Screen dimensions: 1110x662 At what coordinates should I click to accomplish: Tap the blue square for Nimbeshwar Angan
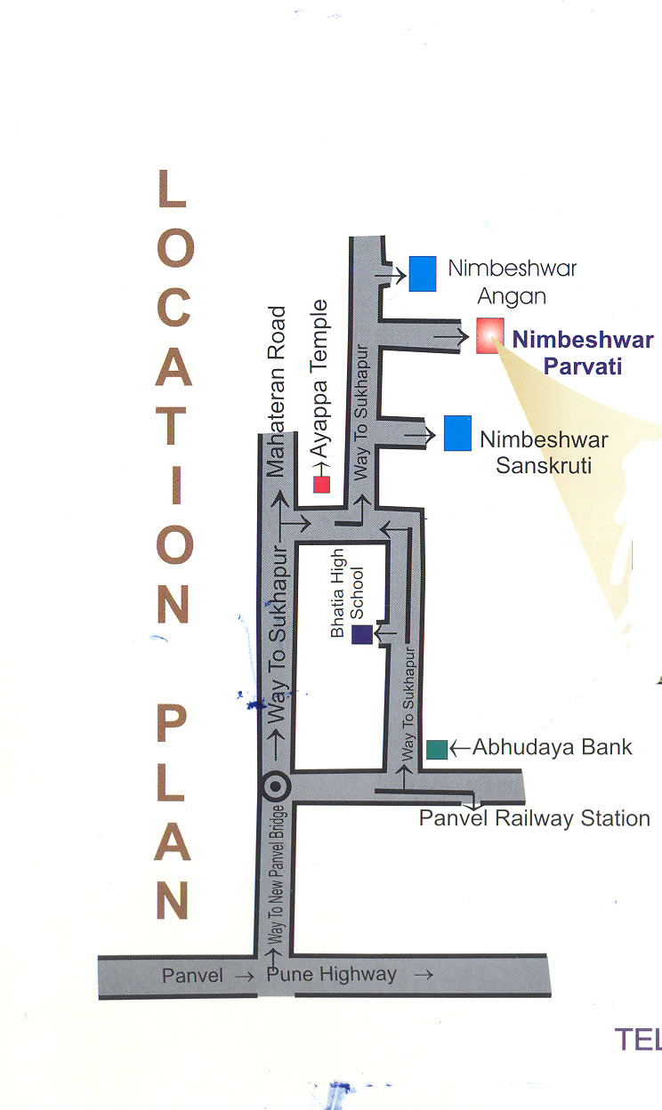tap(423, 273)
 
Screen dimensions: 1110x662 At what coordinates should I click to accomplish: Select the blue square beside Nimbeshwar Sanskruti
tap(457, 432)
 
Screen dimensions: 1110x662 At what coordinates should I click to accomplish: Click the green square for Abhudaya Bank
tap(436, 749)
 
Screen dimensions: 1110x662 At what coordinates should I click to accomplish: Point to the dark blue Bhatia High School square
tap(361, 634)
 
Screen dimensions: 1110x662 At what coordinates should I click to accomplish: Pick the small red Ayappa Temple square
tap(321, 484)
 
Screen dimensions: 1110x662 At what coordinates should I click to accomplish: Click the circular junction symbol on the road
tap(277, 786)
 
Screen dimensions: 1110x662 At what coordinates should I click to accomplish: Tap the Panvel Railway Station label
tap(534, 817)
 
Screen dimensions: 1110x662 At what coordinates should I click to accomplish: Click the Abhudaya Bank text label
tap(552, 746)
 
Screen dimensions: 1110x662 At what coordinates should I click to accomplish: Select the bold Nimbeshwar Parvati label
tap(583, 352)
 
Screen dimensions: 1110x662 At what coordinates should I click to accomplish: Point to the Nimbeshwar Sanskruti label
tap(544, 452)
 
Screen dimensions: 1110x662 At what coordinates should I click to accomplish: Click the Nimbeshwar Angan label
tap(512, 280)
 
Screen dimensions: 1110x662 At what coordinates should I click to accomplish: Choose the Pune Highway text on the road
tap(331, 974)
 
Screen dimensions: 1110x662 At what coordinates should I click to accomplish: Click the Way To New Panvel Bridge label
tap(277, 876)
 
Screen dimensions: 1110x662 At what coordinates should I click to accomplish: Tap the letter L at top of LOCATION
tap(172, 189)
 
